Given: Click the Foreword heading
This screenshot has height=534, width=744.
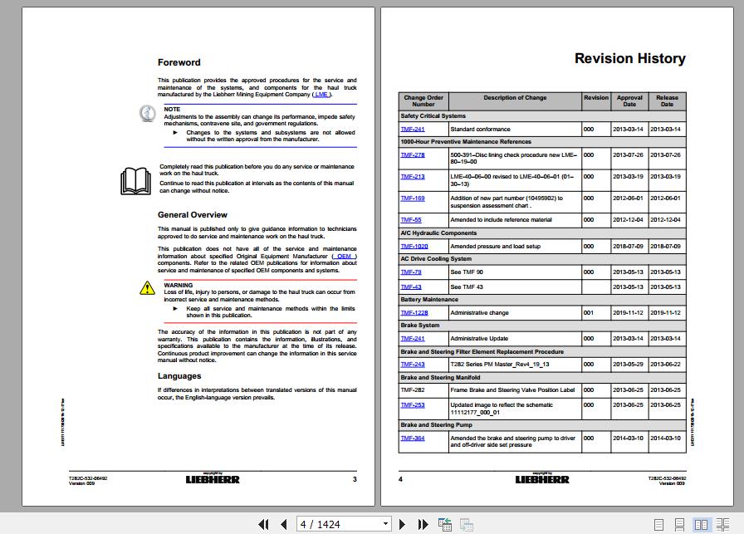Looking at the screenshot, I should tap(179, 62).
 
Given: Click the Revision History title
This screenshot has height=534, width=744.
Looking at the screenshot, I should tap(629, 58).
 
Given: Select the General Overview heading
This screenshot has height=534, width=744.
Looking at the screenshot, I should tap(193, 215).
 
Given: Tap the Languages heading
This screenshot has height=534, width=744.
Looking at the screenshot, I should tap(179, 376).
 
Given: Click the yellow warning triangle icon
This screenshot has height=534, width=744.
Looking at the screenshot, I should tap(147, 288).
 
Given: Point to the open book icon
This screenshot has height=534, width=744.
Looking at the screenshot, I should tap(135, 180).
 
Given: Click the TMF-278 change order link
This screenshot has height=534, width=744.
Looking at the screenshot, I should tap(413, 155).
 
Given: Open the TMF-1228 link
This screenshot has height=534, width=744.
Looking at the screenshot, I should tap(414, 313).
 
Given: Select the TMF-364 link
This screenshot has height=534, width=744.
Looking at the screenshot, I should tap(413, 438).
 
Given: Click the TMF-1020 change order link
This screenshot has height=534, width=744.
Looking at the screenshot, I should tap(414, 247).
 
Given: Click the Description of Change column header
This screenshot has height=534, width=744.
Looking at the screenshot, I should tap(515, 98).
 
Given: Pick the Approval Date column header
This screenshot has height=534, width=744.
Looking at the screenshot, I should tap(629, 100).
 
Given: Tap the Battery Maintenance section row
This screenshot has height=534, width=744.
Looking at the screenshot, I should tap(429, 300).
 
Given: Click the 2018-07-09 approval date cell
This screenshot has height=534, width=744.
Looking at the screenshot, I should tap(628, 247).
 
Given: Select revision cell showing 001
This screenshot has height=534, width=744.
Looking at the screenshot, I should tap(588, 313).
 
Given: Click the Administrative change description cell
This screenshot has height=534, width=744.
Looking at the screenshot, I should tap(479, 313).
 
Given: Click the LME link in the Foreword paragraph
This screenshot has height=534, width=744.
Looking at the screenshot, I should tap(321, 95).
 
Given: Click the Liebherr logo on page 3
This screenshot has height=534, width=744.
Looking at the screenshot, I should tap(213, 479).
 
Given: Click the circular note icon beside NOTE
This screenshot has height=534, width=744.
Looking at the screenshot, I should tap(147, 114).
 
